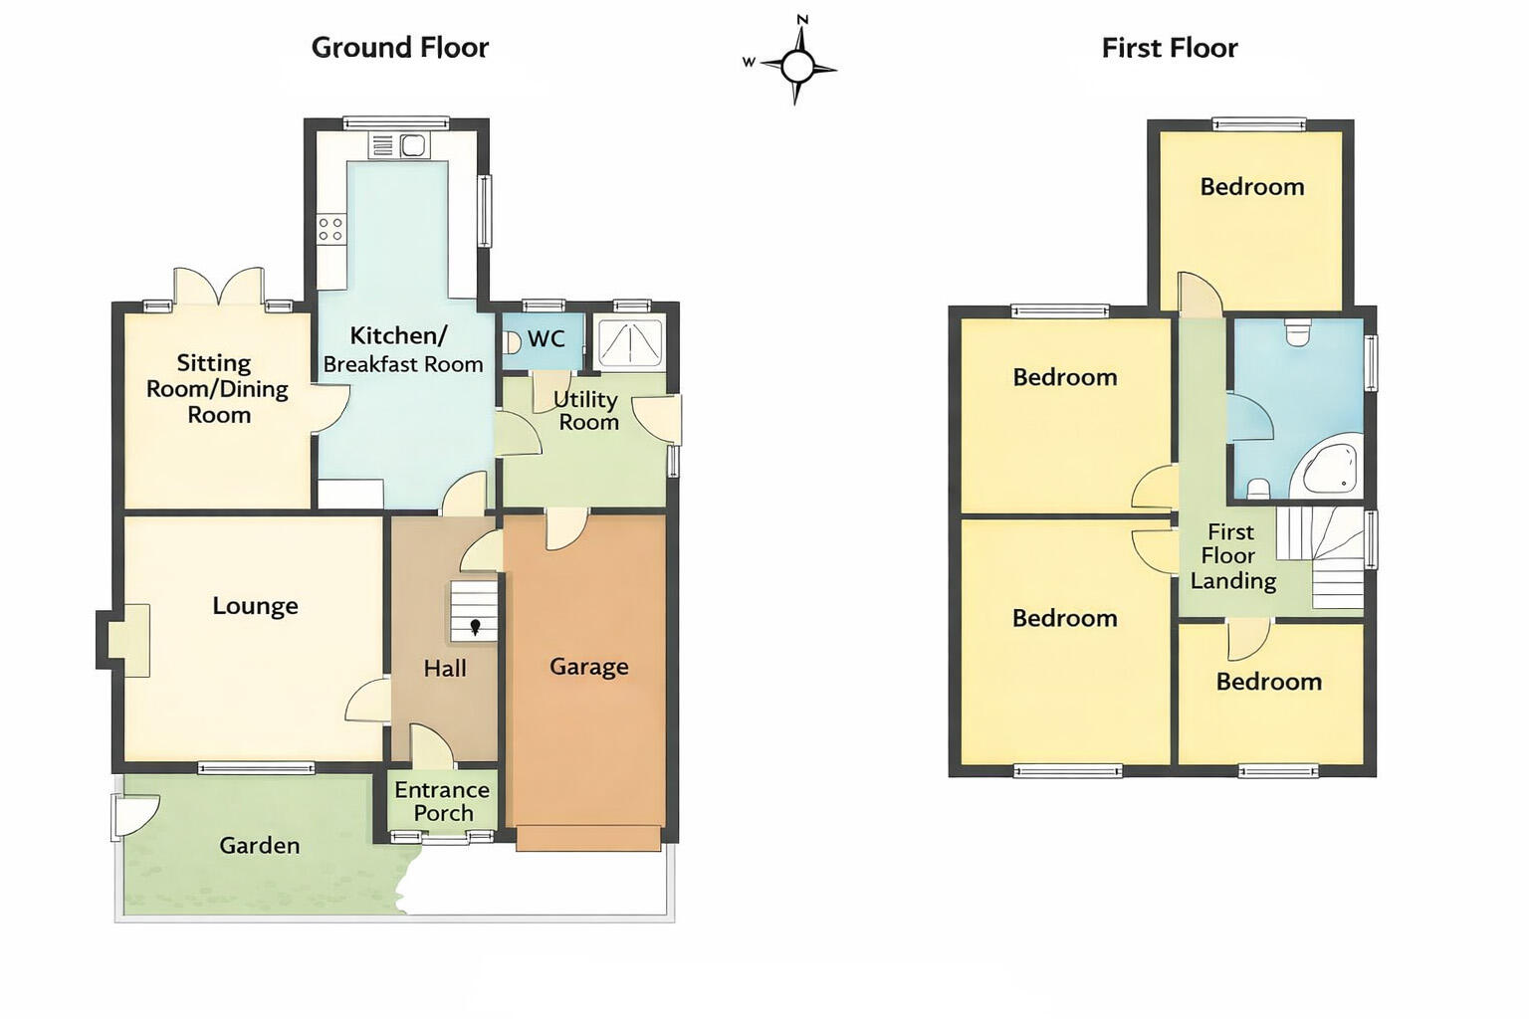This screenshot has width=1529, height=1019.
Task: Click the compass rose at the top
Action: coord(795,67)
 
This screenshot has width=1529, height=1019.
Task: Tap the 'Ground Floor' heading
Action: coord(399,48)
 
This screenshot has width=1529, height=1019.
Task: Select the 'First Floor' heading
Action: coord(1169,48)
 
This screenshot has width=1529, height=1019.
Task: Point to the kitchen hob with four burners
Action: coord(330,230)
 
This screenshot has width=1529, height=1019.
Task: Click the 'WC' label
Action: coord(546,339)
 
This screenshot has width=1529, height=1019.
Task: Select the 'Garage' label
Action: coord(588,667)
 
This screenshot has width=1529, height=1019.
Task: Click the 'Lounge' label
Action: coord(255,606)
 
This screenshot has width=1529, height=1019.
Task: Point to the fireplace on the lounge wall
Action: coord(127,640)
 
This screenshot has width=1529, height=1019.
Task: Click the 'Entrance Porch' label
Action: coord(442,801)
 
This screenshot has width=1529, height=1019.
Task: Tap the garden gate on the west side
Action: coord(132,815)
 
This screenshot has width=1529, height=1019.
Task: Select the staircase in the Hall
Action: coord(473,611)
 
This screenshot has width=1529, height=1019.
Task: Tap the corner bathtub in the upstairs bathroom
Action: coord(1329,470)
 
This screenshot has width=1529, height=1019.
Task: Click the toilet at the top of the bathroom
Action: coord(1296,331)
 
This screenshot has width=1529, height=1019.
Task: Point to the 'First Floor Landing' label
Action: coord(1231,556)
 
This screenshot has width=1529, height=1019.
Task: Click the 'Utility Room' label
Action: coord(587,410)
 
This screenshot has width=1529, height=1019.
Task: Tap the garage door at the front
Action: coord(588,838)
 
